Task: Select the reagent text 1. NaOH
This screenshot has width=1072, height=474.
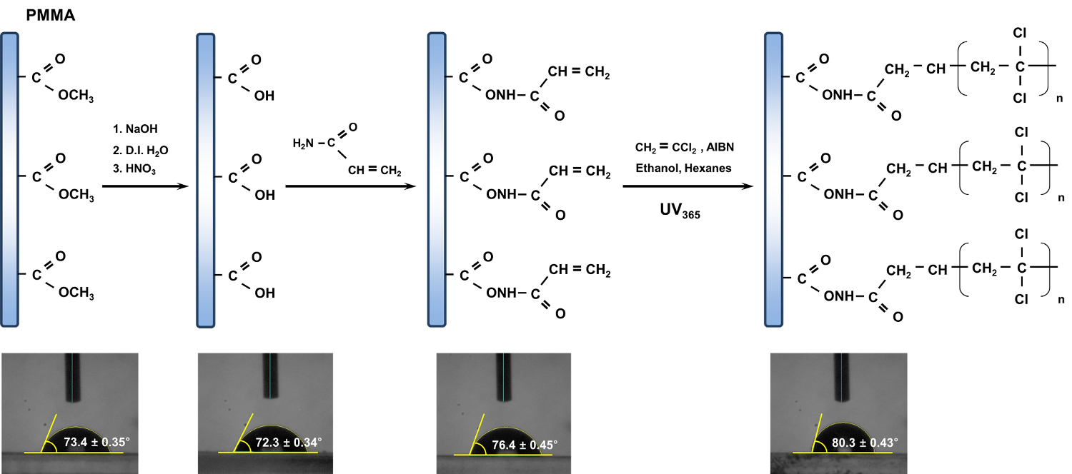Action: [x=134, y=129]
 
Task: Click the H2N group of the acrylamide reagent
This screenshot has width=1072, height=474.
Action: [x=303, y=144]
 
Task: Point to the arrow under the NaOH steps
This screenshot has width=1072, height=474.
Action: [x=145, y=186]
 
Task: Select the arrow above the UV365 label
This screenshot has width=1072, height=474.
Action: [x=687, y=186]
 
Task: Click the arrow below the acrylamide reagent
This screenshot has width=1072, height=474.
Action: [x=350, y=186]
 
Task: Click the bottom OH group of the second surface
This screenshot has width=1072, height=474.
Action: [x=264, y=293]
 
